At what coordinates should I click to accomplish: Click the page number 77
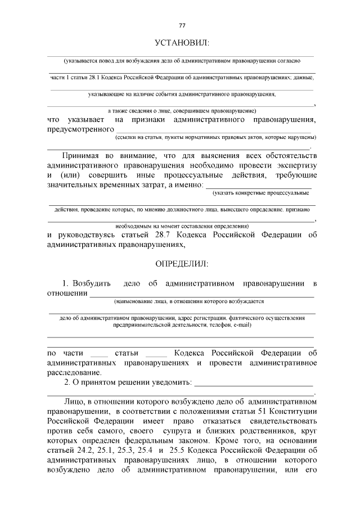coord(181,25)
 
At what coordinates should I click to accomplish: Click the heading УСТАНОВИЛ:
coord(181,43)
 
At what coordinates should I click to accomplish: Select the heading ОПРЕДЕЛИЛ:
coord(181,263)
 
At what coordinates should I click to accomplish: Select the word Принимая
coord(84,155)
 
